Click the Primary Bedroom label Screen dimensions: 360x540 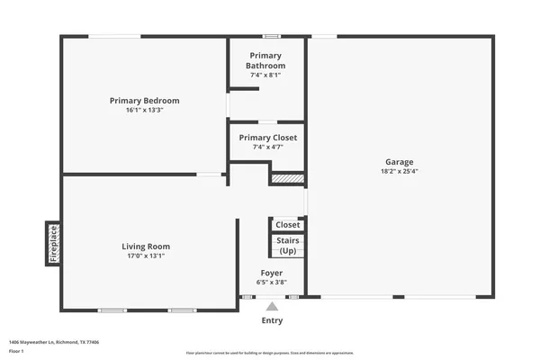pos(144,100)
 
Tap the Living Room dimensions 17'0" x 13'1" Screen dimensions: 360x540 pos(146,256)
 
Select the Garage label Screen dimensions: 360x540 pos(399,162)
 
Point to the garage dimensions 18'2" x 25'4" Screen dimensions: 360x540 pos(399,171)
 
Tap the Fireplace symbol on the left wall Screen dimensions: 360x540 pos(53,243)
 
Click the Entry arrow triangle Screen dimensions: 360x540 pos(271,306)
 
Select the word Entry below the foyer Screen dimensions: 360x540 pos(271,320)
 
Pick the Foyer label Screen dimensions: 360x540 pos(271,273)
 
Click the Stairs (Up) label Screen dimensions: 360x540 pos(287,245)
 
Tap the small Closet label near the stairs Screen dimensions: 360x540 pos(287,225)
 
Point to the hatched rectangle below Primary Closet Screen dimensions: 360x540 pos(286,179)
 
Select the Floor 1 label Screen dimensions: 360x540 pos(17,350)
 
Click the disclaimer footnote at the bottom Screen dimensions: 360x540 pos(270,353)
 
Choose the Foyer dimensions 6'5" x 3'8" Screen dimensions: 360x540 pos(271,282)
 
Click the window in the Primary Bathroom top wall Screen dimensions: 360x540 pos(270,36)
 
